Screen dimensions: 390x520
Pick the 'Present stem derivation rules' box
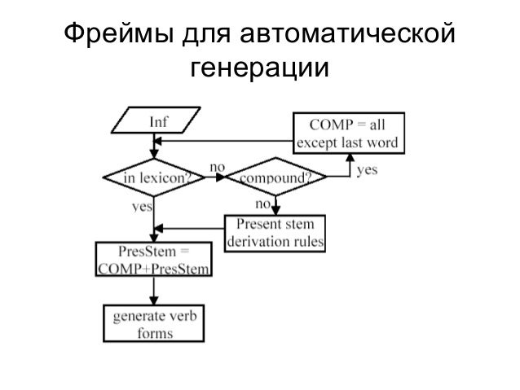tap(275, 232)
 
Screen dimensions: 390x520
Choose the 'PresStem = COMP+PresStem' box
tap(153, 261)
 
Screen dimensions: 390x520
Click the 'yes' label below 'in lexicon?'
tap(143, 208)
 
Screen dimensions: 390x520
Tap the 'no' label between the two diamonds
tap(218, 166)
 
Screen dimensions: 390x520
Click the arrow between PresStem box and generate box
tap(153, 291)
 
